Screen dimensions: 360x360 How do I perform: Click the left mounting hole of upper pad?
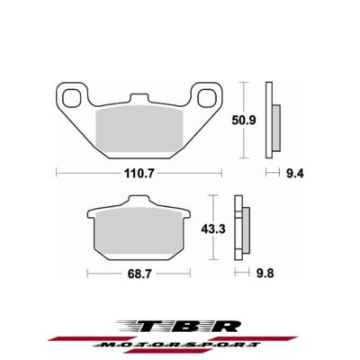click(68, 94)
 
